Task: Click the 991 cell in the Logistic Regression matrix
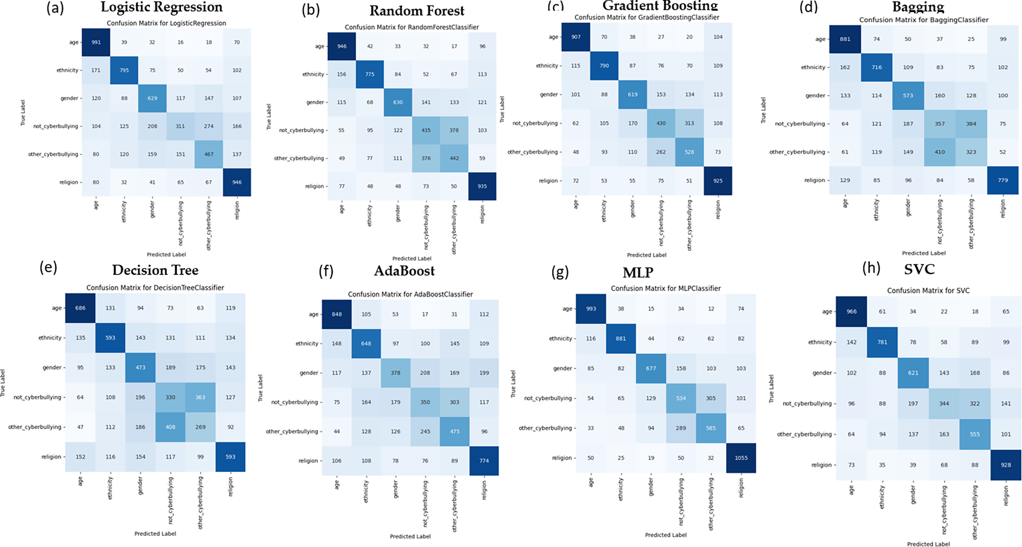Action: pyautogui.click(x=96, y=42)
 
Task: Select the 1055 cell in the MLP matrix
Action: pyautogui.click(x=741, y=458)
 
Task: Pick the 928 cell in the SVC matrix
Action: pyautogui.click(x=1006, y=465)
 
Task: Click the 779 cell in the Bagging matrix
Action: pyautogui.click(x=1003, y=180)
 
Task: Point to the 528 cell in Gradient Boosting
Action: pyautogui.click(x=689, y=152)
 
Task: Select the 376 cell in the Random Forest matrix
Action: pyautogui.click(x=426, y=158)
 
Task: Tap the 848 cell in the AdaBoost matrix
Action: pyautogui.click(x=336, y=314)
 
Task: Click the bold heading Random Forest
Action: pyautogui.click(x=417, y=11)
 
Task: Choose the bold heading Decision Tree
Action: pyautogui.click(x=155, y=270)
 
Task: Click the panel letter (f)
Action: pyautogui.click(x=326, y=271)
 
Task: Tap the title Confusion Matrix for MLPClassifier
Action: pyautogui.click(x=665, y=288)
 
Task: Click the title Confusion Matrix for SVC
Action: pyautogui.click(x=928, y=291)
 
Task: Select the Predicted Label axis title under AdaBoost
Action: pyautogui.click(x=410, y=536)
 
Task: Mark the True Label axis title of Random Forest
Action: pyautogui.click(x=269, y=117)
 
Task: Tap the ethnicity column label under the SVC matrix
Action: pyautogui.click(x=882, y=496)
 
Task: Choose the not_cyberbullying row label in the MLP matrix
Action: pyautogui.click(x=548, y=398)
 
